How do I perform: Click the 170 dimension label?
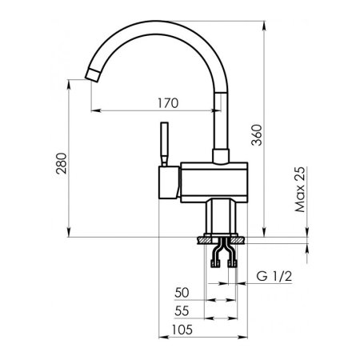tap(168, 103)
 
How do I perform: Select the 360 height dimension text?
tap(257, 135)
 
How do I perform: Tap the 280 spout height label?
tap(62, 163)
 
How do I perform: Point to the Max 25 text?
tap(300, 190)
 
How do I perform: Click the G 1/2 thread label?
tap(274, 276)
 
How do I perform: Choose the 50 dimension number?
tap(182, 293)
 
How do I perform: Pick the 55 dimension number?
tap(182, 310)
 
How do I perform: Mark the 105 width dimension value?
tap(182, 330)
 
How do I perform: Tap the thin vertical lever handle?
tap(164, 144)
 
